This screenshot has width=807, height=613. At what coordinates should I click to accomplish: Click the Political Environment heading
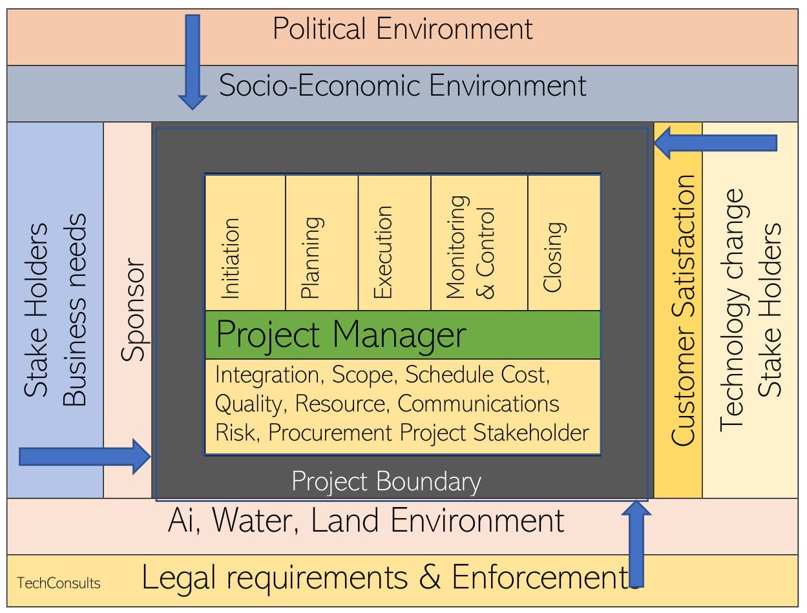[403, 30]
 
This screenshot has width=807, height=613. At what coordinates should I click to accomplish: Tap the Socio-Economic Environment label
[403, 86]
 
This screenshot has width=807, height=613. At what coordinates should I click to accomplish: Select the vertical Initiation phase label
[231, 258]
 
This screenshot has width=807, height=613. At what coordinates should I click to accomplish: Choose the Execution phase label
[383, 252]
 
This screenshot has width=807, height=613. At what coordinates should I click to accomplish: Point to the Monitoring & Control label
[470, 247]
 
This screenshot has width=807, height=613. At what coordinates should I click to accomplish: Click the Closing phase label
[553, 257]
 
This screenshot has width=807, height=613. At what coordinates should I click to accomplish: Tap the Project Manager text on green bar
[341, 335]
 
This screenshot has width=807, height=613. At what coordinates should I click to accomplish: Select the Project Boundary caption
[386, 482]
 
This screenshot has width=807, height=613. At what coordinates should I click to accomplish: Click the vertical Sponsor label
[134, 310]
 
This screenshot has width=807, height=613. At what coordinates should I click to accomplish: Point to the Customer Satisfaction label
[684, 310]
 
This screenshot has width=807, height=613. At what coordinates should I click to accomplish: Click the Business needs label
[75, 310]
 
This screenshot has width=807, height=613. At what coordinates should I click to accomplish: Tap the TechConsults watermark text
[59, 583]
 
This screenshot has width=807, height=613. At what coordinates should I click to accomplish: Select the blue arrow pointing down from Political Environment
[193, 61]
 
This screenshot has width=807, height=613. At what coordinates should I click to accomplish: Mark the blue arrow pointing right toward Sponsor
[85, 456]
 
